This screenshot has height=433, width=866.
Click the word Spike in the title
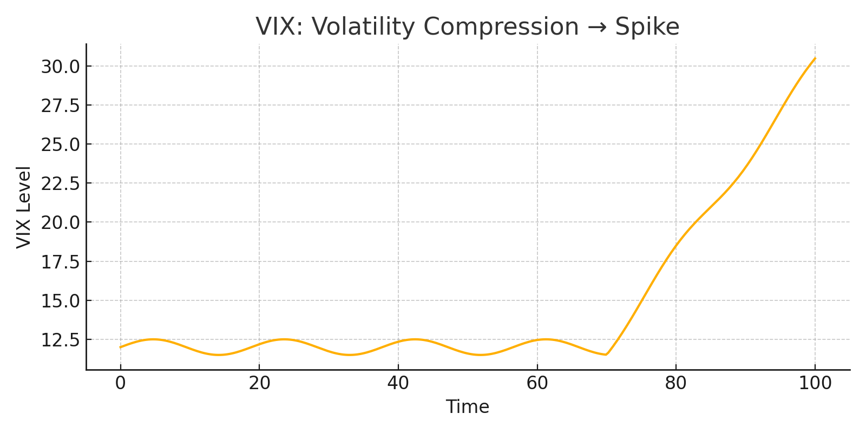(647, 27)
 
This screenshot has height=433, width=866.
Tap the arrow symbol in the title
(596, 28)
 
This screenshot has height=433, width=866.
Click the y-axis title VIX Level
(24, 207)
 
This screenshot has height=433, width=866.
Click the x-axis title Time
(467, 406)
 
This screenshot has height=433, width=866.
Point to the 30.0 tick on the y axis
(60, 67)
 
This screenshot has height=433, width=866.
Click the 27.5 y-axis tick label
(60, 106)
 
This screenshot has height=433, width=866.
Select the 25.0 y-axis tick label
(60, 145)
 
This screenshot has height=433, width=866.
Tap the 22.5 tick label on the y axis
(60, 183)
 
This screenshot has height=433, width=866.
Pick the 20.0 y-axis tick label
(60, 222)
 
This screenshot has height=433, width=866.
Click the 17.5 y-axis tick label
(60, 262)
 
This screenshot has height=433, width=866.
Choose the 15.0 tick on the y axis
(60, 301)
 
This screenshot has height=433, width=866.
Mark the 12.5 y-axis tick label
(60, 340)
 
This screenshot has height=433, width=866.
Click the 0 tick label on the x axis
(120, 383)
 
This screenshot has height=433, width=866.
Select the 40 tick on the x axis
(398, 383)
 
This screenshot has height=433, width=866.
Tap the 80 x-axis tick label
(676, 383)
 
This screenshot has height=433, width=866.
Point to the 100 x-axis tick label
(815, 383)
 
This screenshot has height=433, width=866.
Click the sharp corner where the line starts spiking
(606, 355)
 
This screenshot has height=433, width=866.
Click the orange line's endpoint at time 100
(815, 58)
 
